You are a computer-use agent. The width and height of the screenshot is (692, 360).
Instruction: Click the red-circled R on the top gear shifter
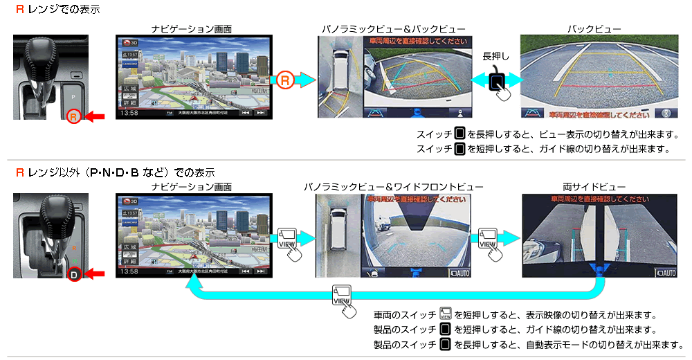(x=75, y=116)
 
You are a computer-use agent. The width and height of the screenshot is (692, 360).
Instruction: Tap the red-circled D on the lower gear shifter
(x=75, y=274)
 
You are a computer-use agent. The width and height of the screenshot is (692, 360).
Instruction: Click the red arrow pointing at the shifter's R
(x=95, y=116)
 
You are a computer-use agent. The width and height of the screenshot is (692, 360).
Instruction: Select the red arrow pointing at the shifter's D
(x=95, y=274)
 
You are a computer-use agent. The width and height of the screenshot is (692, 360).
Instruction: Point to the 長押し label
(x=496, y=56)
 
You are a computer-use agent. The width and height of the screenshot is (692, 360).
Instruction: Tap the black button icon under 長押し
(x=497, y=81)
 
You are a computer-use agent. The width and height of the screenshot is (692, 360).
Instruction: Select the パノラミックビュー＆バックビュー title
(x=392, y=29)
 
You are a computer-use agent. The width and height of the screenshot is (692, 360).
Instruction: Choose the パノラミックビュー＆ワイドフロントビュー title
(x=393, y=187)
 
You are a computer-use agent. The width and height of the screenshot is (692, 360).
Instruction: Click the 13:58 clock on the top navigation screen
(x=129, y=112)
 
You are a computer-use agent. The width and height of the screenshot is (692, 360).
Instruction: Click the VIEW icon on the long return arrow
(x=342, y=294)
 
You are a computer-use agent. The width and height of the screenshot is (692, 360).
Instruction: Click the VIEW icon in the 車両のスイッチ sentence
(x=446, y=315)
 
